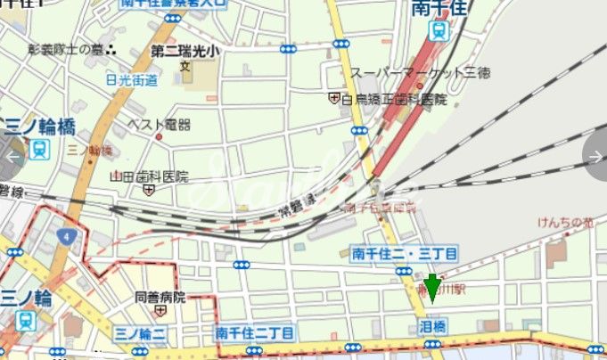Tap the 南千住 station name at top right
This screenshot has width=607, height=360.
439,9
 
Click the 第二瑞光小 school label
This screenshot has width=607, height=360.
184,50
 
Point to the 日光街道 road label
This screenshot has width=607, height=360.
132,80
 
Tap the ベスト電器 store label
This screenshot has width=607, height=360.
159,125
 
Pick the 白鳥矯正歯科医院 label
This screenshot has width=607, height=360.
393,98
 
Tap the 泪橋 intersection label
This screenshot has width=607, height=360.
432,328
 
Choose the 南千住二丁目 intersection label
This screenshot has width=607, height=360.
250,332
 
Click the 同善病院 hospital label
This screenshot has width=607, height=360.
160,297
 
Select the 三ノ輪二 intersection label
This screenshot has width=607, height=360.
141,332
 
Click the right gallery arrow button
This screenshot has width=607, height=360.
596,157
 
